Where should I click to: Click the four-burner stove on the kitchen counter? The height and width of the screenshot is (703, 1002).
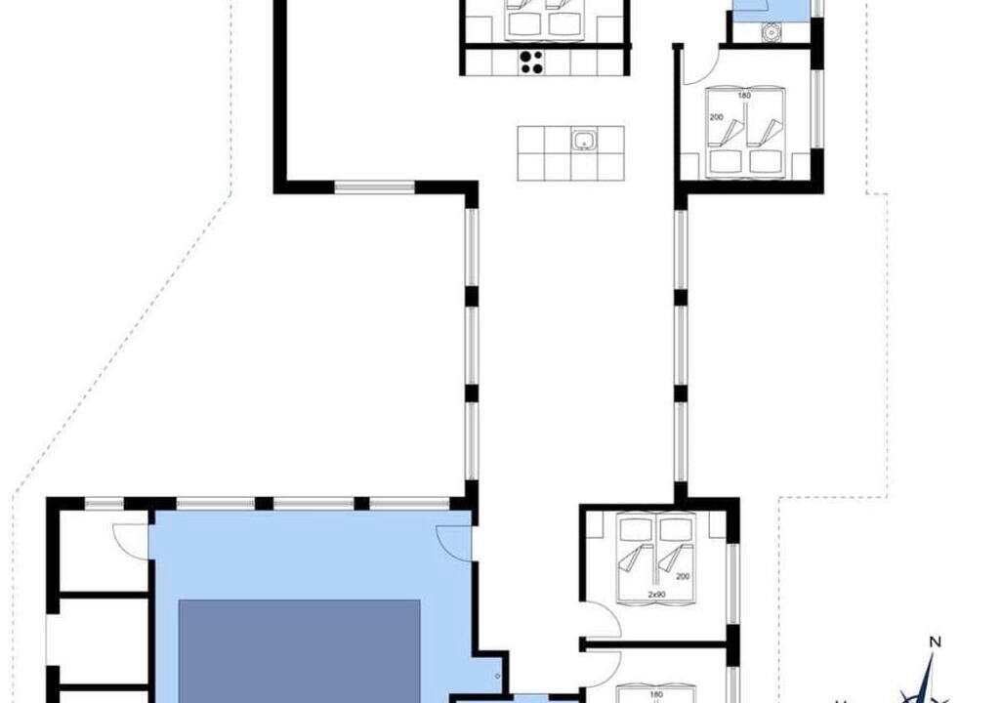(x=531, y=62)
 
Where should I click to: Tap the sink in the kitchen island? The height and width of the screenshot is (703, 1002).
(x=584, y=140)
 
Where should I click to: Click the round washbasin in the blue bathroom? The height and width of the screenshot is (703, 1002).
(x=772, y=30)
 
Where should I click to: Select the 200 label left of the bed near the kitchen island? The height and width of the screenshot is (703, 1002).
(x=716, y=117)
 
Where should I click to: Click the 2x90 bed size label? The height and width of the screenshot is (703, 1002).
(x=657, y=595)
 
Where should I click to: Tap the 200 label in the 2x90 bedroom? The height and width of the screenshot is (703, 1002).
(x=683, y=576)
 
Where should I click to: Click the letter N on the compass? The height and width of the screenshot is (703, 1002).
(x=935, y=642)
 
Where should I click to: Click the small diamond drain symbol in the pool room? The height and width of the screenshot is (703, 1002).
(x=497, y=677)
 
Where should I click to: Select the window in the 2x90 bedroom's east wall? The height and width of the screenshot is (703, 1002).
(x=733, y=584)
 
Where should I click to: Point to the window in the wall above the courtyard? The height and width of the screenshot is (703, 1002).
(x=374, y=187)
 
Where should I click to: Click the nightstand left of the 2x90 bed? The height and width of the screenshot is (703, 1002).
(x=594, y=526)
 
